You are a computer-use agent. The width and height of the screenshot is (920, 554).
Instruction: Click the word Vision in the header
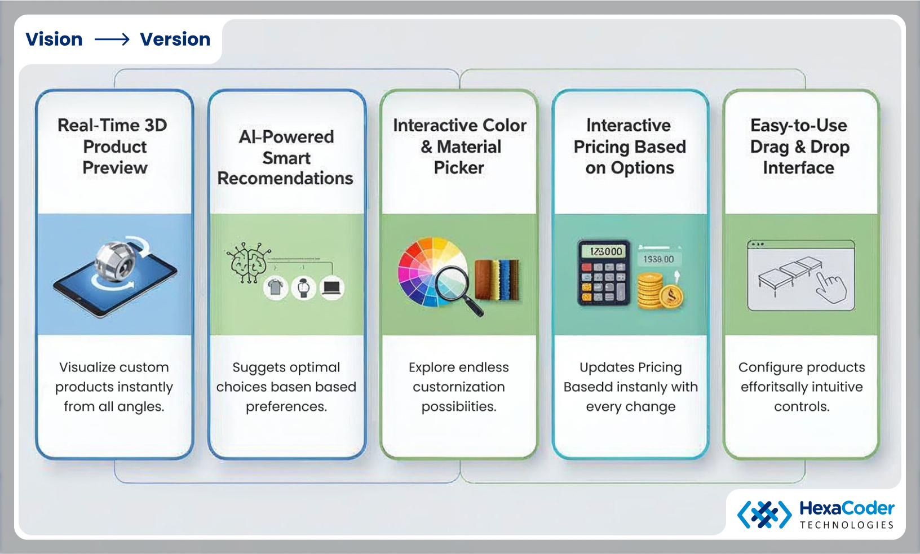click(x=54, y=39)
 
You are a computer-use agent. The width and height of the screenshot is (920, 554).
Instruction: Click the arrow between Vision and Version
click(x=112, y=39)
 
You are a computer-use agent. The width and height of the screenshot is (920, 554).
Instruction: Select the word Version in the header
click(x=175, y=39)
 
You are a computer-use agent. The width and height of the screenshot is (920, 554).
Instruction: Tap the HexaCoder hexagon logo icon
click(x=764, y=514)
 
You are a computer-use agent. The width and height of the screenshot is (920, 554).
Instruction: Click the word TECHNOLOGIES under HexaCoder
click(x=846, y=525)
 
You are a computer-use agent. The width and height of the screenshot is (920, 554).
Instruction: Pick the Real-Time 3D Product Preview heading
click(x=114, y=147)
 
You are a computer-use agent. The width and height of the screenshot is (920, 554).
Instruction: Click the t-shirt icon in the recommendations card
click(x=275, y=288)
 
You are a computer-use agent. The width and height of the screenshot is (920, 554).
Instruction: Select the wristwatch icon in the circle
click(x=304, y=288)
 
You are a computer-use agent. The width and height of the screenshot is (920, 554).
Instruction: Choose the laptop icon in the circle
click(x=331, y=288)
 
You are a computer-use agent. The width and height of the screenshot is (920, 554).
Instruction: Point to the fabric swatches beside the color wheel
click(x=497, y=279)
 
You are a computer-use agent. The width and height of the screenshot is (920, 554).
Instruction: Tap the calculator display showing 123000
click(x=606, y=251)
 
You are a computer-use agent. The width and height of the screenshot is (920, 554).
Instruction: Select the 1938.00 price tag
click(x=658, y=259)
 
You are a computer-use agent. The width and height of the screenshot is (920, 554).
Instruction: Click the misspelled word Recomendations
click(x=285, y=179)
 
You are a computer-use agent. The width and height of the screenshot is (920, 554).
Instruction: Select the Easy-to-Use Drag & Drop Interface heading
click(x=799, y=147)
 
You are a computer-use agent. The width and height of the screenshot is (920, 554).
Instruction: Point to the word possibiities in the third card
click(x=459, y=406)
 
